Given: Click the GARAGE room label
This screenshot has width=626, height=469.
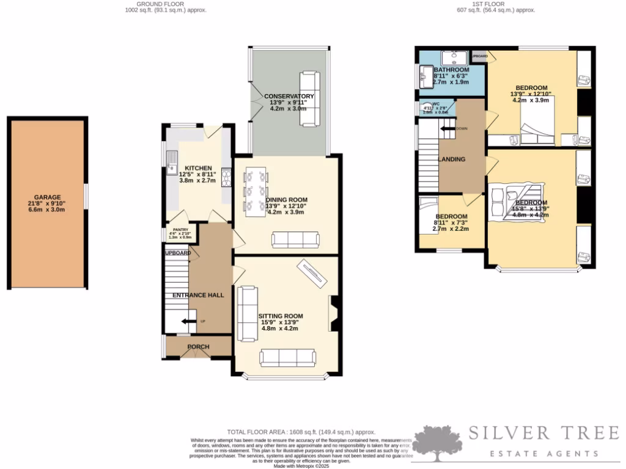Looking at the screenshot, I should [x=46, y=197].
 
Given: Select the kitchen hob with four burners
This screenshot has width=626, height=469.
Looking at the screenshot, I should [x=226, y=177].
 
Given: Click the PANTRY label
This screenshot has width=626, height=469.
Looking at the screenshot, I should [x=180, y=230].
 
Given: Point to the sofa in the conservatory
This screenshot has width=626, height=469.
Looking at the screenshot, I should [x=309, y=99].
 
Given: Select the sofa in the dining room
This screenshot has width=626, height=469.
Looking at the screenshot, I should [x=295, y=240].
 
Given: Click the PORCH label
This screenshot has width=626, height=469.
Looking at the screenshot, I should [x=198, y=347].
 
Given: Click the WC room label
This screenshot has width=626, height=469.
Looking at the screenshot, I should [x=436, y=104].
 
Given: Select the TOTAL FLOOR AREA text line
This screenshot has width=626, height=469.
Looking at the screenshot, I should [x=301, y=432].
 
